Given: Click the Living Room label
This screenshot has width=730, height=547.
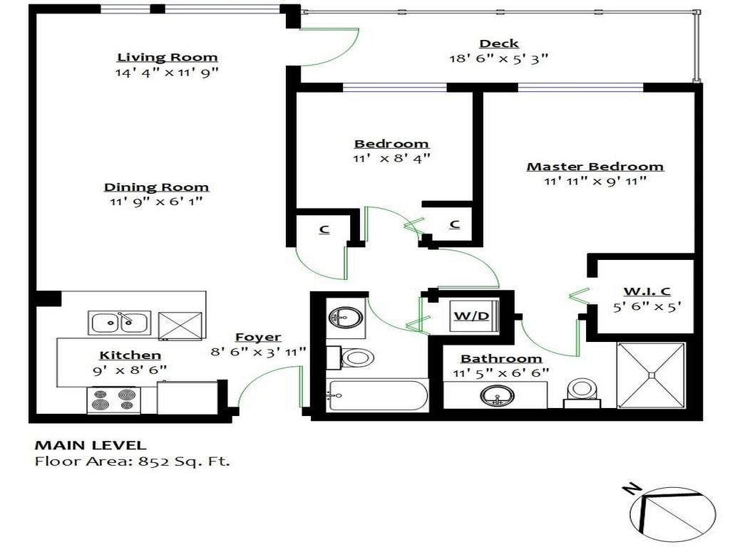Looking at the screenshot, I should (168, 57).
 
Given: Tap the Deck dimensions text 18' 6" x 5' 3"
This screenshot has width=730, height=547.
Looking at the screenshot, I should (498, 58).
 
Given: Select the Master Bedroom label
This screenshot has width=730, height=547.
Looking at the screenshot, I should (595, 167).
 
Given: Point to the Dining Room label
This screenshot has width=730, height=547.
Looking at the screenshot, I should (156, 187).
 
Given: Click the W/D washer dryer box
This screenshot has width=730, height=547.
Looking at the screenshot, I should (472, 315).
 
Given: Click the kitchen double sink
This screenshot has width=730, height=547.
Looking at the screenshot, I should (119, 323).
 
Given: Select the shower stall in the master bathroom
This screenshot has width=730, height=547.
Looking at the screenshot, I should (650, 375).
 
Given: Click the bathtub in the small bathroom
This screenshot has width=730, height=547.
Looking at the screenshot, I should (376, 395).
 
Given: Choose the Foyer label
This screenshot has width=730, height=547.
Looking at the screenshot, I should (258, 337).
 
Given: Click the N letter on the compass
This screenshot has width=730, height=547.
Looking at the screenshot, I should (629, 489).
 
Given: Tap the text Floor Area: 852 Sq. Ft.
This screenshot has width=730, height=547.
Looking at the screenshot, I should (133, 462).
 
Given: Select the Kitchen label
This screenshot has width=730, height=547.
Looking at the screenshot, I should (130, 355).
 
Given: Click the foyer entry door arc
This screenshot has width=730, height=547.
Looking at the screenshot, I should (267, 385).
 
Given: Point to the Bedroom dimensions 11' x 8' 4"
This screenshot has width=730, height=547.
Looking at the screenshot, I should (391, 158).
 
